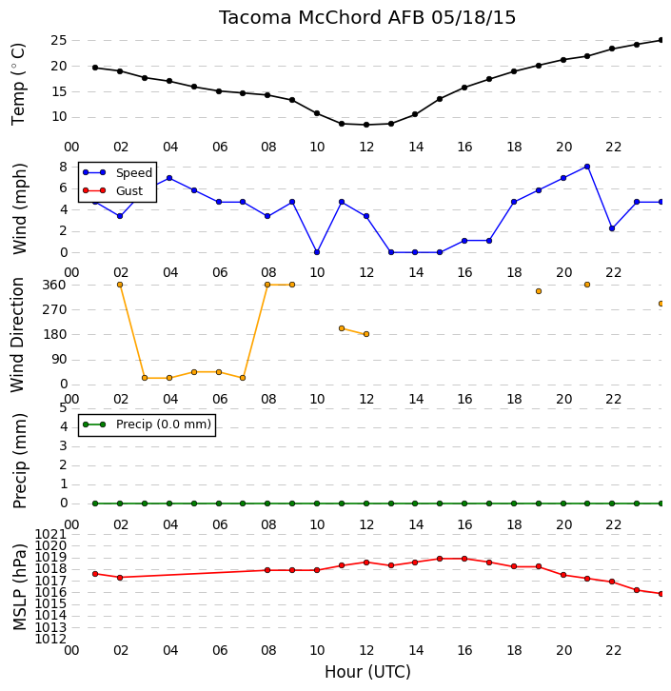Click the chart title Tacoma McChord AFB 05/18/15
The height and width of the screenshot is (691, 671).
[367, 18]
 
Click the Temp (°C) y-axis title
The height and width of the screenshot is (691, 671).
[18, 84]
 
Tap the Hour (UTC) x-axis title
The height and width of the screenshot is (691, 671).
[367, 672]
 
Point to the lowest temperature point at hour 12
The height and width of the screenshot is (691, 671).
[366, 125]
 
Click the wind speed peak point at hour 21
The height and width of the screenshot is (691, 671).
[587, 167]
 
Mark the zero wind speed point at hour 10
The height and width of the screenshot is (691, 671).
[317, 252]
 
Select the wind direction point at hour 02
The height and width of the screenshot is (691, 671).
[120, 285]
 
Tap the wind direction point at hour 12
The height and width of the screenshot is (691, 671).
[366, 334]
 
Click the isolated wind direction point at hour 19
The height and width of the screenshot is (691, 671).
[539, 291]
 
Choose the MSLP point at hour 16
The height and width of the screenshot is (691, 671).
[464, 559]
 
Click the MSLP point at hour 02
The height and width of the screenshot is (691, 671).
[120, 578]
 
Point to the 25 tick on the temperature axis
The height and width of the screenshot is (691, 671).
[59, 41]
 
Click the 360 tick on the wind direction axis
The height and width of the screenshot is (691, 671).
[53, 285]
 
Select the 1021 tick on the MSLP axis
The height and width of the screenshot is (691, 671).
[50, 535]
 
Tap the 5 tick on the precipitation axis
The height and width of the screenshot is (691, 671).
[63, 407]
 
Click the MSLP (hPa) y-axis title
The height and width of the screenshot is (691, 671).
[20, 587]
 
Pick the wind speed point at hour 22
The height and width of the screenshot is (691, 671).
[612, 228]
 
